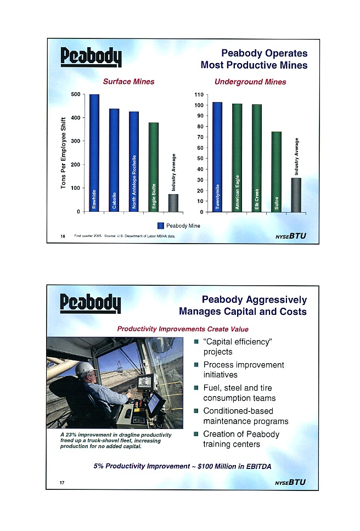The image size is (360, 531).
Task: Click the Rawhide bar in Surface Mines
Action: (94, 153)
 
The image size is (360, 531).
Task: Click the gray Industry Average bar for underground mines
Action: (296, 195)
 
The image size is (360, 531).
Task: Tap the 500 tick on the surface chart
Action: (76, 94)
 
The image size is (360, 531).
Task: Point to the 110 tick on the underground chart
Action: (199, 94)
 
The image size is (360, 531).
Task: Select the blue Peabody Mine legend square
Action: (161, 225)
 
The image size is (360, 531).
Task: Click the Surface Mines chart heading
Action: (130, 82)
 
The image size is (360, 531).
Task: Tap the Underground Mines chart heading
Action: (250, 82)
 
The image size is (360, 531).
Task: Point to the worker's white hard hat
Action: (85, 369)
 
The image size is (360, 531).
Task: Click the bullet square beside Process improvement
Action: (196, 365)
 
